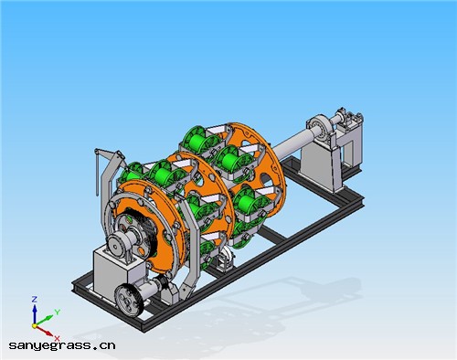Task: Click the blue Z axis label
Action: pos(35,300)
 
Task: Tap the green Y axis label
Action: pos(58,312)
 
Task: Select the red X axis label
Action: pos(57,338)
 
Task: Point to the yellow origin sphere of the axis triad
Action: pos(35,326)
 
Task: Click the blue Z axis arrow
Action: pos(35,314)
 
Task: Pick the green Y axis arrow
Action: pos(45,321)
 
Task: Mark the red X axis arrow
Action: pos(45,332)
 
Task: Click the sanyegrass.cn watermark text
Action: pos(62,345)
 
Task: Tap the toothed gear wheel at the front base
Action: pos(129,300)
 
